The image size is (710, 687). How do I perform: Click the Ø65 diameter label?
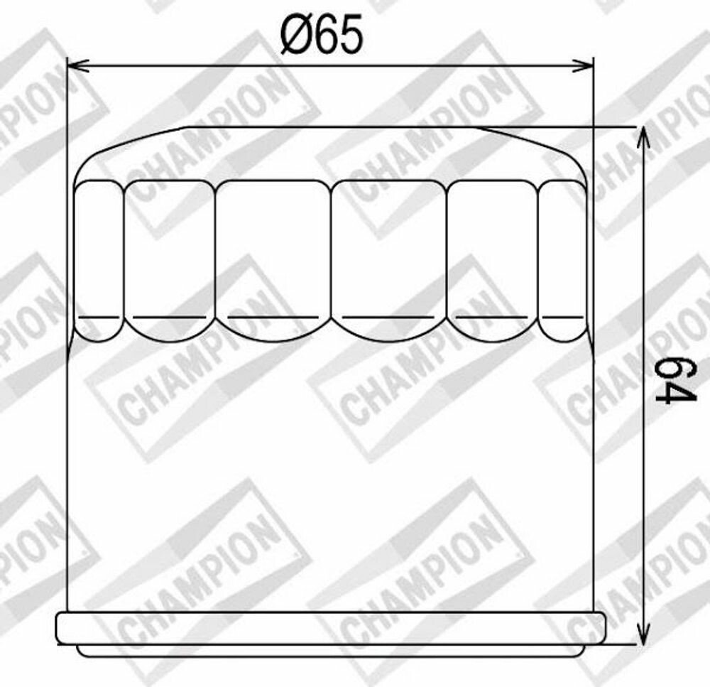tap(322, 34)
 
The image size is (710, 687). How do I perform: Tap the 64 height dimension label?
tap(674, 380)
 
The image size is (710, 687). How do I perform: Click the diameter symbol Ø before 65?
tap(295, 34)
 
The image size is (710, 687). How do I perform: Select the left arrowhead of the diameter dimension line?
tap(77, 66)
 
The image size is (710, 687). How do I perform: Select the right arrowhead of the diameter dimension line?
tap(582, 66)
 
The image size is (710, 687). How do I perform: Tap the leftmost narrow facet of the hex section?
tap(98, 261)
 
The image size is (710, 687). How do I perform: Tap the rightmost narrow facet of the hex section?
tap(562, 261)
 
